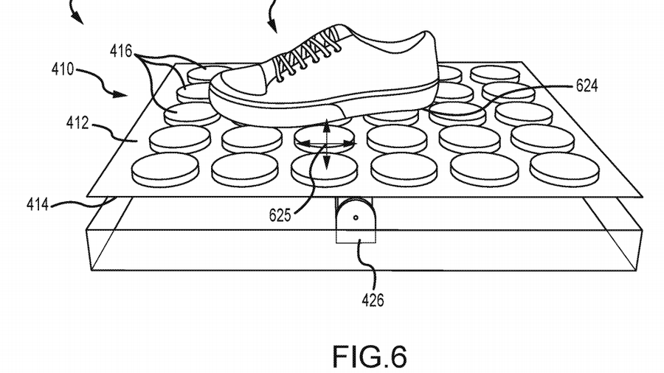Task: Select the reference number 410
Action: (63, 71)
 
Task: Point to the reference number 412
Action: (76, 123)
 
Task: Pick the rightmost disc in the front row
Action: (564, 169)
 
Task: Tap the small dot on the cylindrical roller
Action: (356, 218)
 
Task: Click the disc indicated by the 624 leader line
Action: (457, 111)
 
